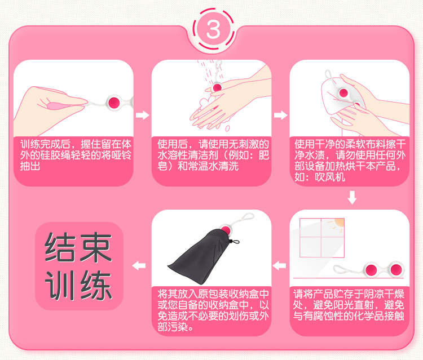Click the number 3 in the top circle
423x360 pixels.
pyautogui.click(x=213, y=29)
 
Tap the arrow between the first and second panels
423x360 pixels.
pyautogui.click(x=142, y=115)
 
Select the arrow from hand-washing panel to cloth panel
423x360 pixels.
pyautogui.click(x=280, y=115)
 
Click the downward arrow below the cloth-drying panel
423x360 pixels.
pyautogui.click(x=352, y=198)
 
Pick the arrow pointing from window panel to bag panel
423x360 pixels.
pyautogui.click(x=279, y=266)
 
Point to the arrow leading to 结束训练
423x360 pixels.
pyautogui.click(x=139, y=266)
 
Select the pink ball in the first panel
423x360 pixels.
pyautogui.click(x=114, y=103)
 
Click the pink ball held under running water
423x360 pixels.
pyautogui.click(x=217, y=87)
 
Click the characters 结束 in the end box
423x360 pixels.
pyautogui.click(x=78, y=247)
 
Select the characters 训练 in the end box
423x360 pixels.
pyautogui.click(x=78, y=285)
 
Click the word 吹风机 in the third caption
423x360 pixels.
pyautogui.click(x=330, y=177)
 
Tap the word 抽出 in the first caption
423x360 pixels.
pyautogui.click(x=30, y=166)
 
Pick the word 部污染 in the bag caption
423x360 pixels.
pyautogui.click(x=173, y=327)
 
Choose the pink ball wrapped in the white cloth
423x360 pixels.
pyautogui.click(x=343, y=93)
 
